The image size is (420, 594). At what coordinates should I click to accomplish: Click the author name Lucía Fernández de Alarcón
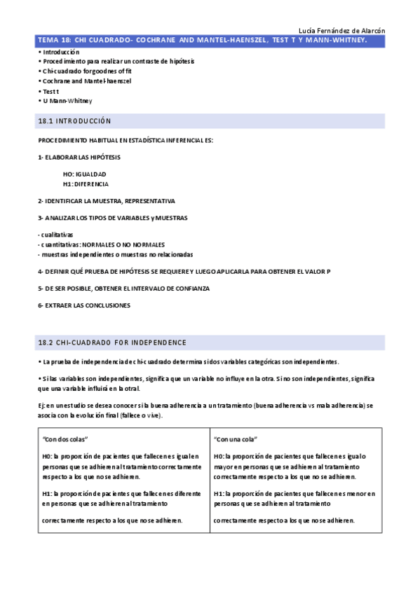click(341, 31)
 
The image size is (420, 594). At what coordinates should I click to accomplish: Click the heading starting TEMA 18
click(202, 41)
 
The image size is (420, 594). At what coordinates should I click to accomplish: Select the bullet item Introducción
click(61, 52)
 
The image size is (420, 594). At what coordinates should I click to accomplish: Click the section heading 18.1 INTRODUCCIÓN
click(74, 121)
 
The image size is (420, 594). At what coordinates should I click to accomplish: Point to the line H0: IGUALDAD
click(84, 174)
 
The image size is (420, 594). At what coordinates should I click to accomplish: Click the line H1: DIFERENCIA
click(86, 184)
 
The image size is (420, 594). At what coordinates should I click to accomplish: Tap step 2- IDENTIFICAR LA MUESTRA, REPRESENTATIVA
click(107, 201)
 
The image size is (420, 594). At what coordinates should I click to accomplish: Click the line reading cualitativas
click(55, 235)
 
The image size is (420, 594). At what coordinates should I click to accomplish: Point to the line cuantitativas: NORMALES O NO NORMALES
click(101, 244)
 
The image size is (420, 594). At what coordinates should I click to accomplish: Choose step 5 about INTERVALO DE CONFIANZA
click(123, 288)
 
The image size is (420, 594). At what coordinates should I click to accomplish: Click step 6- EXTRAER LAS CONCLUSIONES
click(84, 305)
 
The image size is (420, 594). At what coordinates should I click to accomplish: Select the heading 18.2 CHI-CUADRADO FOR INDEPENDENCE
click(112, 343)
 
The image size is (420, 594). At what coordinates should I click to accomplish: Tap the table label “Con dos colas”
click(65, 439)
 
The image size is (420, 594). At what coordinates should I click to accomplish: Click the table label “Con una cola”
click(235, 439)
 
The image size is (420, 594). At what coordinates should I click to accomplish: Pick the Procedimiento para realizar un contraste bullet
click(118, 62)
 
